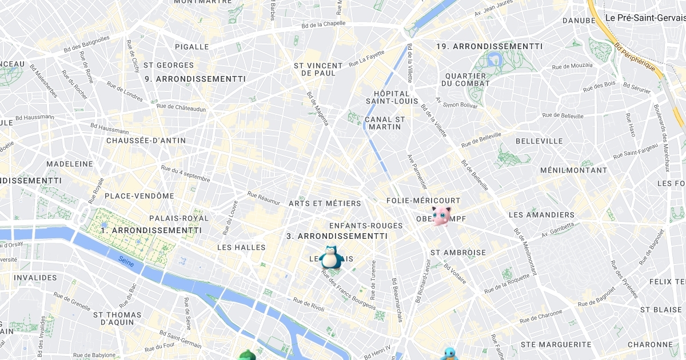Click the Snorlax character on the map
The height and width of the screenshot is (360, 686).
tap(331, 257)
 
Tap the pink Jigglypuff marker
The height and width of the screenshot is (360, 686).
tap(441, 215)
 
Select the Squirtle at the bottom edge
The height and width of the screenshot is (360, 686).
tap(449, 354)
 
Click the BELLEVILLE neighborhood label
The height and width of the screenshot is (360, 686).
tap(539, 141)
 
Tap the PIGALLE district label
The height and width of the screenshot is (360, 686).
tap(192, 46)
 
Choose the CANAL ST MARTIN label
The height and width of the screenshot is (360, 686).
tap(385, 123)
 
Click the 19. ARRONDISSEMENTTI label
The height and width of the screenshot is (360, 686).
tap(489, 46)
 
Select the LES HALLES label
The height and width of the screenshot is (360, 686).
tap(241, 247)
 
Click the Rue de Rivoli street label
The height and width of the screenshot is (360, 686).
tap(309, 304)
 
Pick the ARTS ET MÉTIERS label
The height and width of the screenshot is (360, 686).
tap(325, 203)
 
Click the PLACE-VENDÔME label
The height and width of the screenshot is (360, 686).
tap(139, 196)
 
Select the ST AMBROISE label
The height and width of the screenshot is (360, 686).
tap(458, 252)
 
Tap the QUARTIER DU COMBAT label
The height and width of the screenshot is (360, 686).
tap(465, 79)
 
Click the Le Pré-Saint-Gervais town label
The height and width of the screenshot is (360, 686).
tap(645, 18)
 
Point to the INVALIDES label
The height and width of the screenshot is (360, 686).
tap(35, 278)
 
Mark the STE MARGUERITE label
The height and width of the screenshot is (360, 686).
tap(556, 345)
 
